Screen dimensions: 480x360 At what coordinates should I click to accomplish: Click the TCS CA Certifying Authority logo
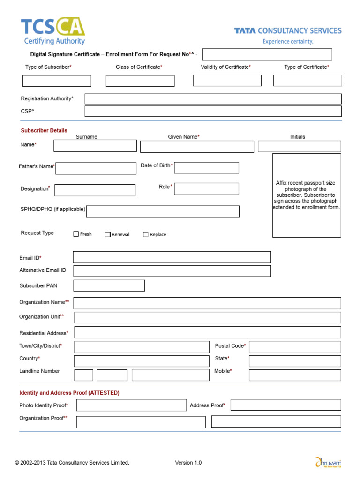tap(52, 31)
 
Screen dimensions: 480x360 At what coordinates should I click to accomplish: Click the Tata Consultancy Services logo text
tap(288, 31)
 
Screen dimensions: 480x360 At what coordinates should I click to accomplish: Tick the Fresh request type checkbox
tap(76, 234)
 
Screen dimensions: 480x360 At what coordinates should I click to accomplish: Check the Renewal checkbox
tap(108, 234)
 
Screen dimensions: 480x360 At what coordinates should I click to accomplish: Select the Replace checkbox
tap(146, 234)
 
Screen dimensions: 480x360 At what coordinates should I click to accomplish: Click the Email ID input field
tap(172, 257)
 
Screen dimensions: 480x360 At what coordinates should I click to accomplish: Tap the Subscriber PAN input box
tap(109, 285)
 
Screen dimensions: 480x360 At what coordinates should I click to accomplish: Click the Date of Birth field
tap(206, 168)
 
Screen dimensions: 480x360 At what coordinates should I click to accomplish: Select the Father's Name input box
tap(96, 168)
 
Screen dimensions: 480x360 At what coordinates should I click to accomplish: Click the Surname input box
tap(95, 146)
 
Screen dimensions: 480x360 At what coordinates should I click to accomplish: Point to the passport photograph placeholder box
tap(307, 195)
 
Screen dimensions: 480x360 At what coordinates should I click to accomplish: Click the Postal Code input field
tap(294, 347)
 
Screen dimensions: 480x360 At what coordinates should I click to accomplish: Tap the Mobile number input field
tap(294, 375)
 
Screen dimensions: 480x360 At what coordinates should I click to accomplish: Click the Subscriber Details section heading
tap(44, 130)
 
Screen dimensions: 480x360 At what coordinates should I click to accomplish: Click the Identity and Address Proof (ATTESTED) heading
tap(69, 393)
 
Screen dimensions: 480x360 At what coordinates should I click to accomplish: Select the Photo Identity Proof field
tap(131, 405)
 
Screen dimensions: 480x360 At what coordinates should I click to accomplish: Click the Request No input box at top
tap(267, 55)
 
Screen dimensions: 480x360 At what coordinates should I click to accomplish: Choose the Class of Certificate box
tap(140, 81)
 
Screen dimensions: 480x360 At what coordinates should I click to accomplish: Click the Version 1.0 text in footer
tap(188, 463)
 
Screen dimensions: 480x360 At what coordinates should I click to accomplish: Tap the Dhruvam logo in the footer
tap(328, 462)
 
